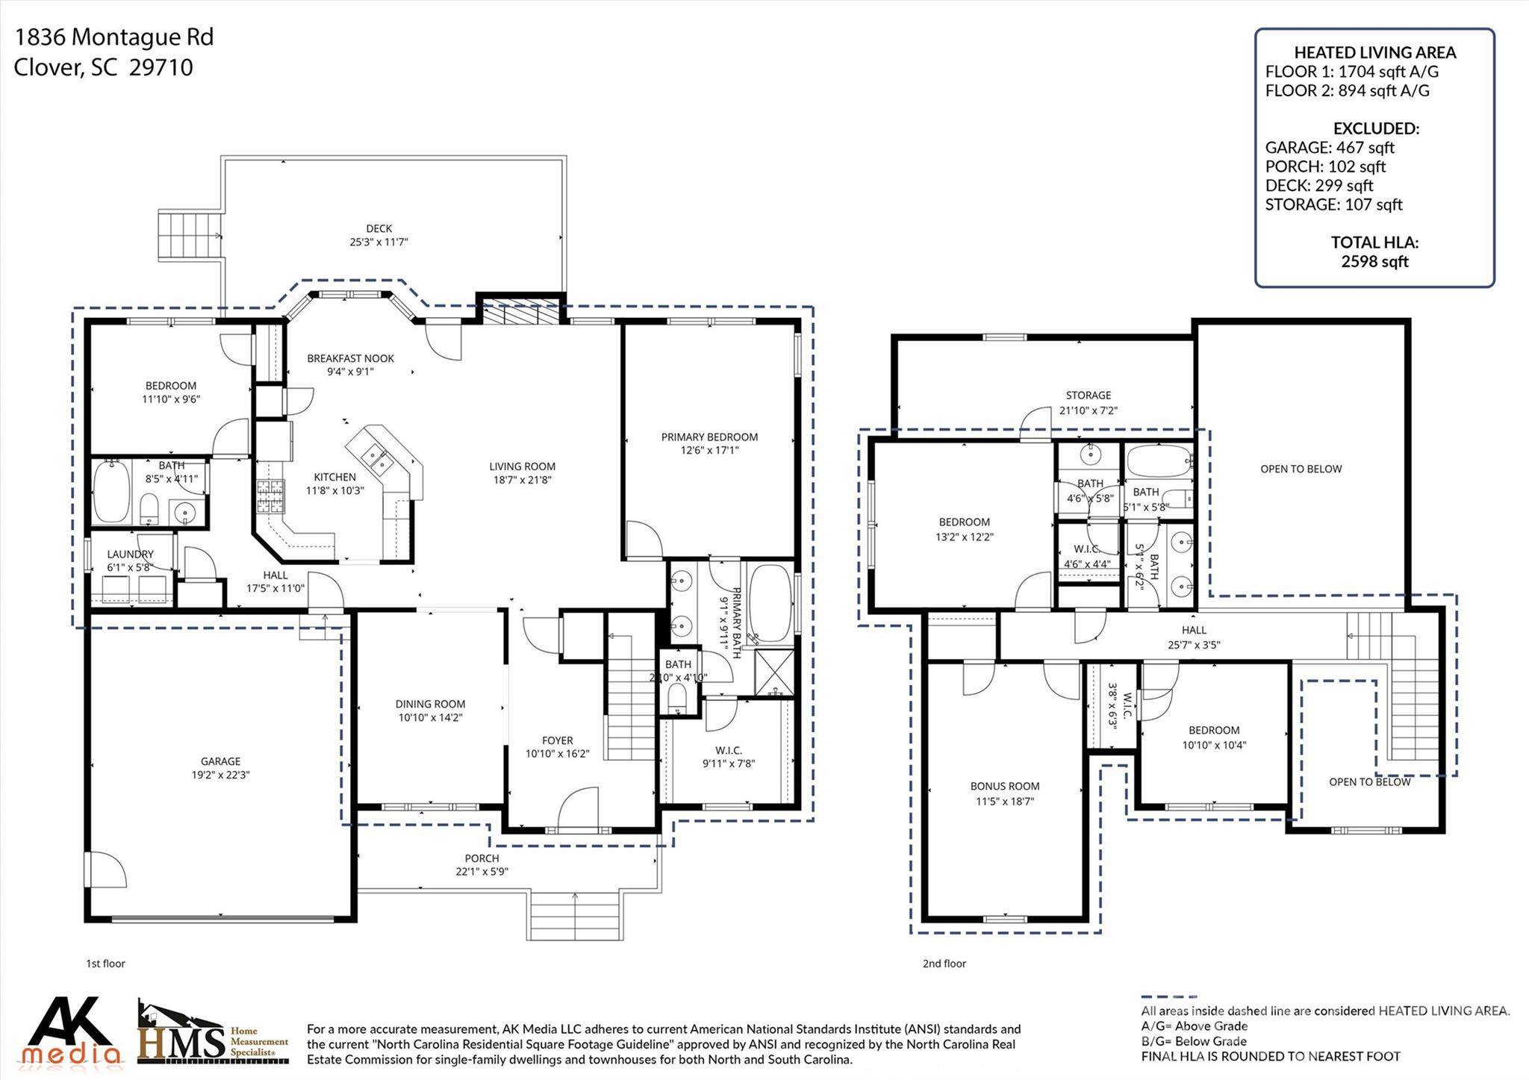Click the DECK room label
click(x=379, y=228)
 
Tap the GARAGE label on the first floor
click(x=220, y=761)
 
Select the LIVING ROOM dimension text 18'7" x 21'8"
click(x=522, y=480)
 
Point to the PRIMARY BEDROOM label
click(x=709, y=437)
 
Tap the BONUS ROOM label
click(x=1005, y=786)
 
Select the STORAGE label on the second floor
click(x=1088, y=395)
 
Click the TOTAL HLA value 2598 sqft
click(x=1374, y=261)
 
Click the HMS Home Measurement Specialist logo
click(x=213, y=1033)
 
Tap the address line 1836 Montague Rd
click(x=114, y=37)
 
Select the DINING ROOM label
click(x=430, y=704)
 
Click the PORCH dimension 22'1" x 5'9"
click(x=482, y=871)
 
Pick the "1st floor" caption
click(x=105, y=964)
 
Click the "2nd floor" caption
click(x=944, y=964)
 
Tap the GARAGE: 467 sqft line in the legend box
click(x=1330, y=148)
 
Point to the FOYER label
click(x=557, y=740)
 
